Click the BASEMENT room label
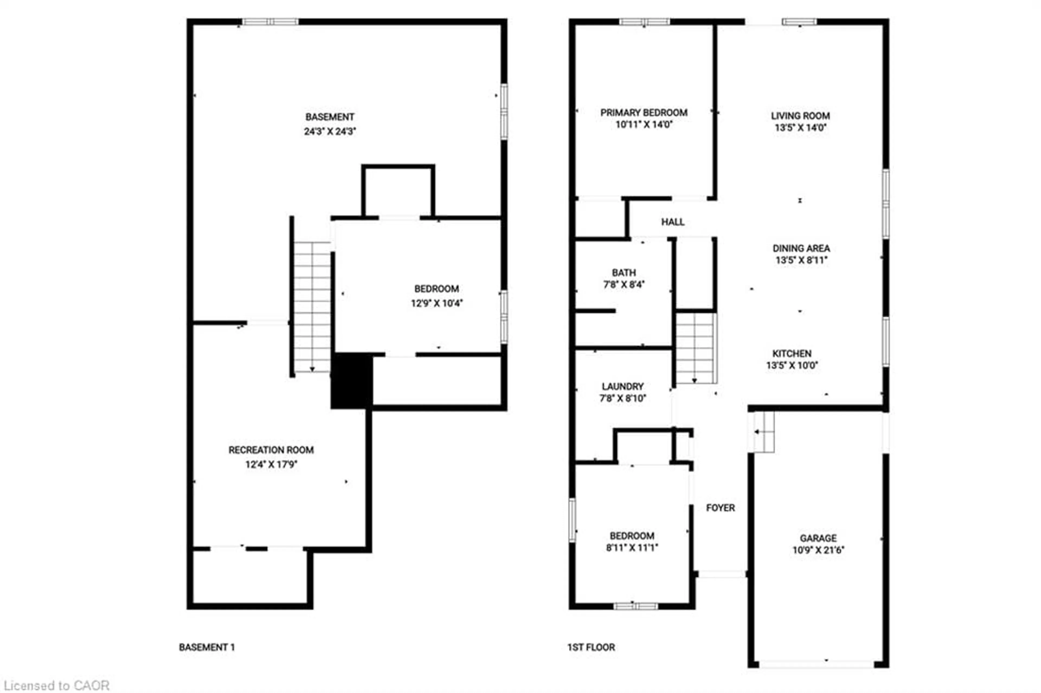pos(329,117)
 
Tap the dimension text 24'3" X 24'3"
pos(329,131)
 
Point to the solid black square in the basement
pos(352,380)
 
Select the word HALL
pos(672,222)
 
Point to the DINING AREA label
pos(801,248)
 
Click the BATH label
pos(624,273)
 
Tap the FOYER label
pos(720,508)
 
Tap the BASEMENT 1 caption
pos(207,647)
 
